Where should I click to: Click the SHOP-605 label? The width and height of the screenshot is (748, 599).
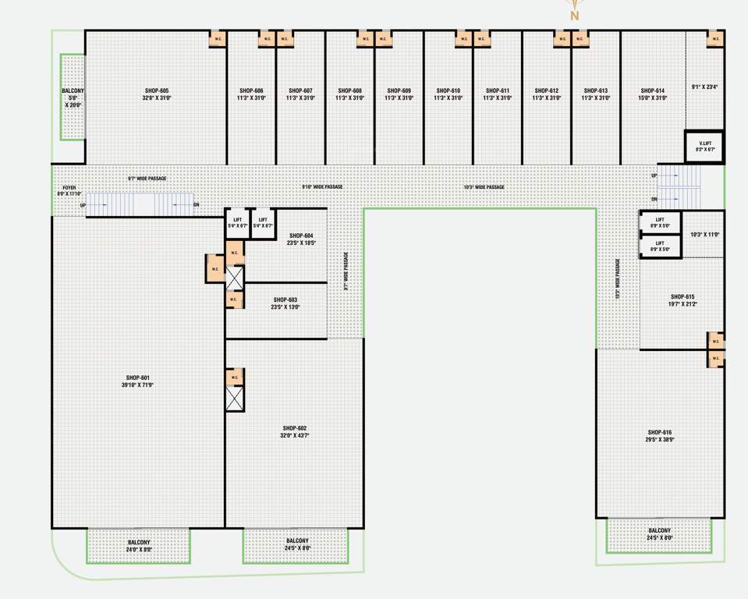click(x=156, y=90)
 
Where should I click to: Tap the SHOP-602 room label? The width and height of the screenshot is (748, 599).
click(x=295, y=428)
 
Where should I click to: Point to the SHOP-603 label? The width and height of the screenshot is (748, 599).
click(x=285, y=299)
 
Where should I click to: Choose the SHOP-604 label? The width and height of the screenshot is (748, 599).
click(x=300, y=236)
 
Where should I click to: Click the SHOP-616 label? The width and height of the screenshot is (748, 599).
click(x=659, y=432)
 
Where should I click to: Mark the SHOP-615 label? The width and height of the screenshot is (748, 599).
click(x=682, y=296)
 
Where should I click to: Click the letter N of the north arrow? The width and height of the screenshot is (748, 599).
click(x=575, y=16)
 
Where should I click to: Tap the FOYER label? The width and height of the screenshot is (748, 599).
click(x=70, y=189)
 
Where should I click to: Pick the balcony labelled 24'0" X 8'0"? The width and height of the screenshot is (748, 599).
click(x=139, y=545)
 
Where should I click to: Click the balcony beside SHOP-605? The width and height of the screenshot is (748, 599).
click(x=73, y=97)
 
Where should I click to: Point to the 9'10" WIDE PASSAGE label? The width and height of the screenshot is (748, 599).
click(x=322, y=187)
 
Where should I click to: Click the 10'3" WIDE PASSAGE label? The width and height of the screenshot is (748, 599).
click(x=484, y=187)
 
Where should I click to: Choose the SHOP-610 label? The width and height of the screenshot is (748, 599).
click(x=448, y=90)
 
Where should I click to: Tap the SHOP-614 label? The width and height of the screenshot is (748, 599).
click(x=651, y=90)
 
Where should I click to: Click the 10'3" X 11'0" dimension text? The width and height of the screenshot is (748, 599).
click(x=704, y=234)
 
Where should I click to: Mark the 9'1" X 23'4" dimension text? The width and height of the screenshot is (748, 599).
click(x=704, y=87)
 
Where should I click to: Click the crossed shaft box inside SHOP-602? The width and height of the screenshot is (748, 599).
click(x=235, y=399)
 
